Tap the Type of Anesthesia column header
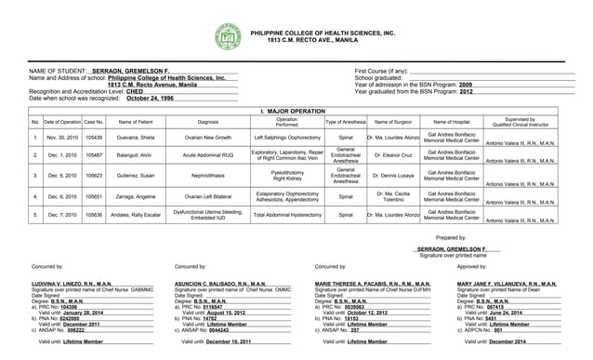coord(345,122)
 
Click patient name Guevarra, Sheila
coord(136,137)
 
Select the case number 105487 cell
coord(94,154)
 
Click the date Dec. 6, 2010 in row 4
coord(62,196)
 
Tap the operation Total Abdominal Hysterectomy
coord(287,214)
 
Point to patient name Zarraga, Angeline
coord(136,196)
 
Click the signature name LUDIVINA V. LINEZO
coord(72,283)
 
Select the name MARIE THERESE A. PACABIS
coord(373,283)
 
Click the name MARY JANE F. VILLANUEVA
coord(507,283)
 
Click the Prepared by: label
coord(451,237)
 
